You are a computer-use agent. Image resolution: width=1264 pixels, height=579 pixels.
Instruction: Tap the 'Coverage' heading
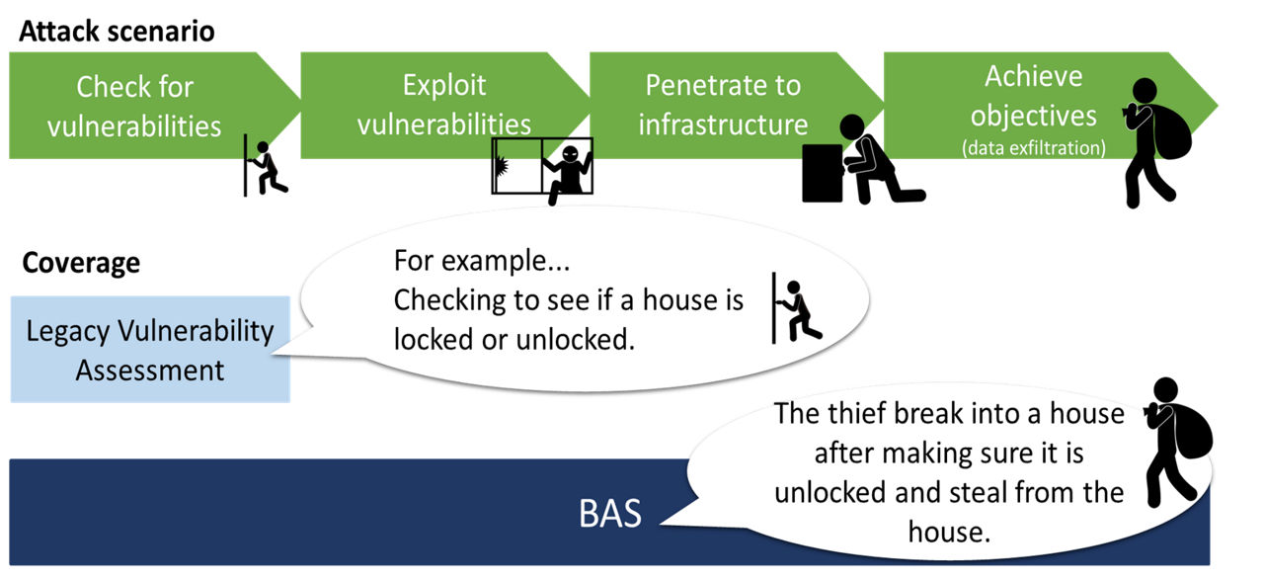(x=81, y=264)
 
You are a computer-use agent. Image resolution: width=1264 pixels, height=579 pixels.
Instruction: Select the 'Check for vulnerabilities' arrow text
(x=135, y=106)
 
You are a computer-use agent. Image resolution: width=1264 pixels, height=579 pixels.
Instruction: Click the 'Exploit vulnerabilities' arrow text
(x=444, y=104)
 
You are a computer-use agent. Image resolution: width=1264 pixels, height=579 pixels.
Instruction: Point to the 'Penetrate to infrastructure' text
(x=723, y=105)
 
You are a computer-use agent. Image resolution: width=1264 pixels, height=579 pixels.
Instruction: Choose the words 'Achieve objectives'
(x=1033, y=96)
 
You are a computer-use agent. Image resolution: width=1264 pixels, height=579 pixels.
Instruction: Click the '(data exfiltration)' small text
(x=1033, y=148)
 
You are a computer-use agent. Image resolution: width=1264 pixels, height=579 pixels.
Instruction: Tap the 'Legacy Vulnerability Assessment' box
(x=150, y=350)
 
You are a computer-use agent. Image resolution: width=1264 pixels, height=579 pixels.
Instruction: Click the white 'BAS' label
(x=609, y=514)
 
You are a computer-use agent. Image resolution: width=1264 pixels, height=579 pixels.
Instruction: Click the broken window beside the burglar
(x=516, y=165)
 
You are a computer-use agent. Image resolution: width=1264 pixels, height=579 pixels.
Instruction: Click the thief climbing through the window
(x=570, y=170)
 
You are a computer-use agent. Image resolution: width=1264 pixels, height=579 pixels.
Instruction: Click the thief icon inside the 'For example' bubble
(x=797, y=309)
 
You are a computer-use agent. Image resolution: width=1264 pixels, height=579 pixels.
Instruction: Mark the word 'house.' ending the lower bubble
(x=948, y=531)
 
